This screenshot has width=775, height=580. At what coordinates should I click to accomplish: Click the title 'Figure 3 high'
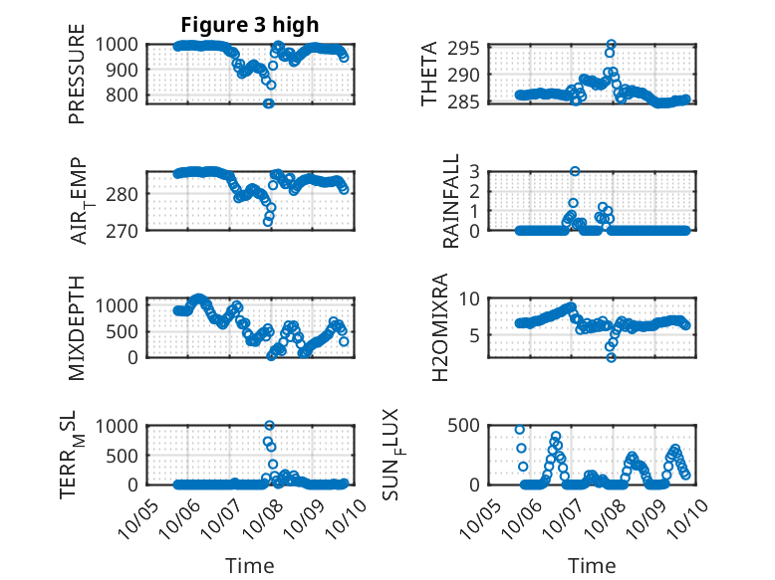point(249,24)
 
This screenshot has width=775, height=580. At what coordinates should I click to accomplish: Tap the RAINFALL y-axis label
point(450,201)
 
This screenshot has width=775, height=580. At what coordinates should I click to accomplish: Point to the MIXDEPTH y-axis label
point(77,327)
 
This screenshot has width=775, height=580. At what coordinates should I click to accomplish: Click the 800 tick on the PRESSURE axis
point(127,96)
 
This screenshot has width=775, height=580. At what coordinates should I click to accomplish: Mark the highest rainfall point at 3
point(575,171)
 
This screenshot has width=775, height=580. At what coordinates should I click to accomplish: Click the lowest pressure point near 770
point(268,103)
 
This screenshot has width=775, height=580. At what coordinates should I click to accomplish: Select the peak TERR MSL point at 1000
point(269,426)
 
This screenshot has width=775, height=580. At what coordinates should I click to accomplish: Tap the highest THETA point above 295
point(611,45)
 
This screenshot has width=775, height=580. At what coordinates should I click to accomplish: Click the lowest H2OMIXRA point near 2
point(611,357)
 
